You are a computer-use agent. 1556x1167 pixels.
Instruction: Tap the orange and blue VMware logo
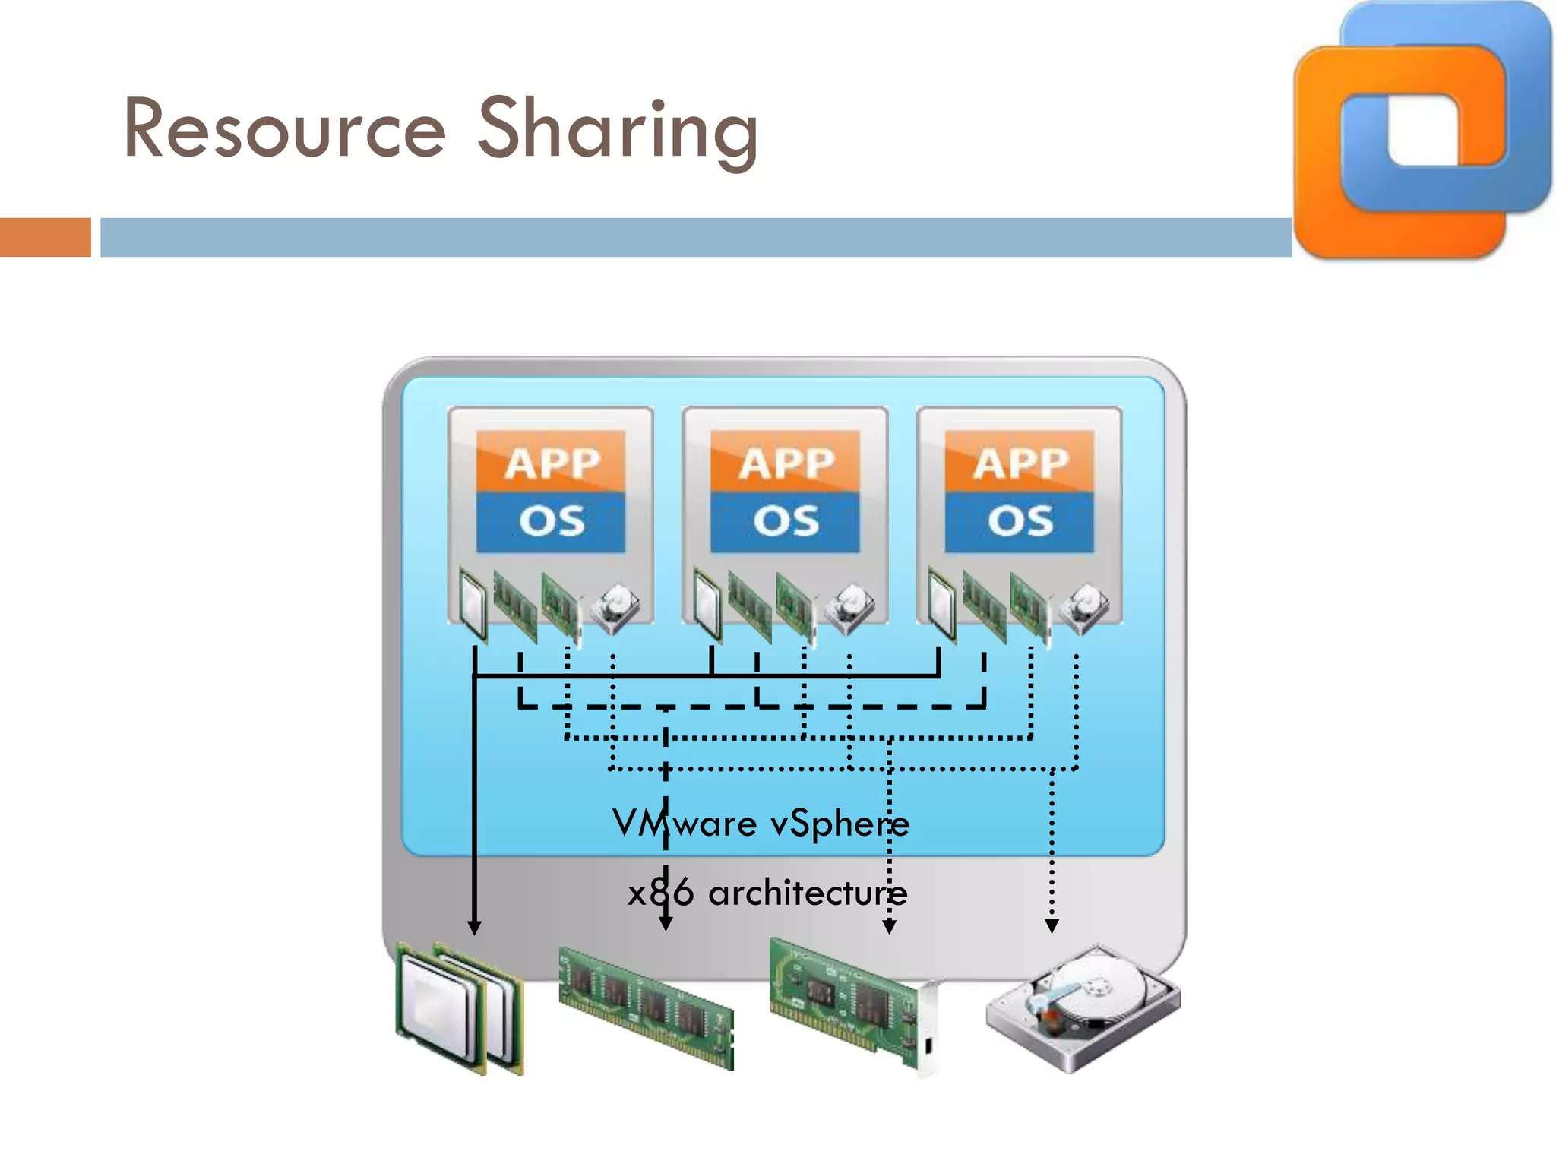pyautogui.click(x=1421, y=129)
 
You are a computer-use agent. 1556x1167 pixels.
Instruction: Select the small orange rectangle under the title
pyautogui.click(x=45, y=237)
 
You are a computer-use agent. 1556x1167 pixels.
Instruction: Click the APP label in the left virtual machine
pyautogui.click(x=551, y=463)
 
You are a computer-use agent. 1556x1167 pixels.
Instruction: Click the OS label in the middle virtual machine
pyautogui.click(x=785, y=522)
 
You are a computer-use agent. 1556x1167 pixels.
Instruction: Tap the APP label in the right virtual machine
pyautogui.click(x=1020, y=463)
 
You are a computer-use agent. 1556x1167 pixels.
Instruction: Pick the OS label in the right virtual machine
pyautogui.click(x=1020, y=522)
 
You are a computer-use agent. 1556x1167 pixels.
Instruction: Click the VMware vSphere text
pyautogui.click(x=761, y=824)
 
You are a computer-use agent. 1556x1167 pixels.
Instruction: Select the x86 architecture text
pyautogui.click(x=767, y=893)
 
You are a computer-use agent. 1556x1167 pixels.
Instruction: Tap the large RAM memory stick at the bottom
pyautogui.click(x=647, y=1007)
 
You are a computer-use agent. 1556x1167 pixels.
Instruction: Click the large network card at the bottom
pyautogui.click(x=855, y=1003)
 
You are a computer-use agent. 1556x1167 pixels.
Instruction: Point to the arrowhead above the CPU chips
pyautogui.click(x=474, y=928)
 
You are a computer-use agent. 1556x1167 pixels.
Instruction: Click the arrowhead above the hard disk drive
pyautogui.click(x=1052, y=926)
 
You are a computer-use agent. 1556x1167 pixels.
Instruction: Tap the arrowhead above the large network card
pyautogui.click(x=889, y=927)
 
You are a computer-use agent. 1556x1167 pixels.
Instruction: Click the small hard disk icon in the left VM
pyautogui.click(x=615, y=609)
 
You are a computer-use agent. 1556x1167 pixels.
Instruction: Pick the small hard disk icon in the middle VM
pyautogui.click(x=849, y=609)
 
